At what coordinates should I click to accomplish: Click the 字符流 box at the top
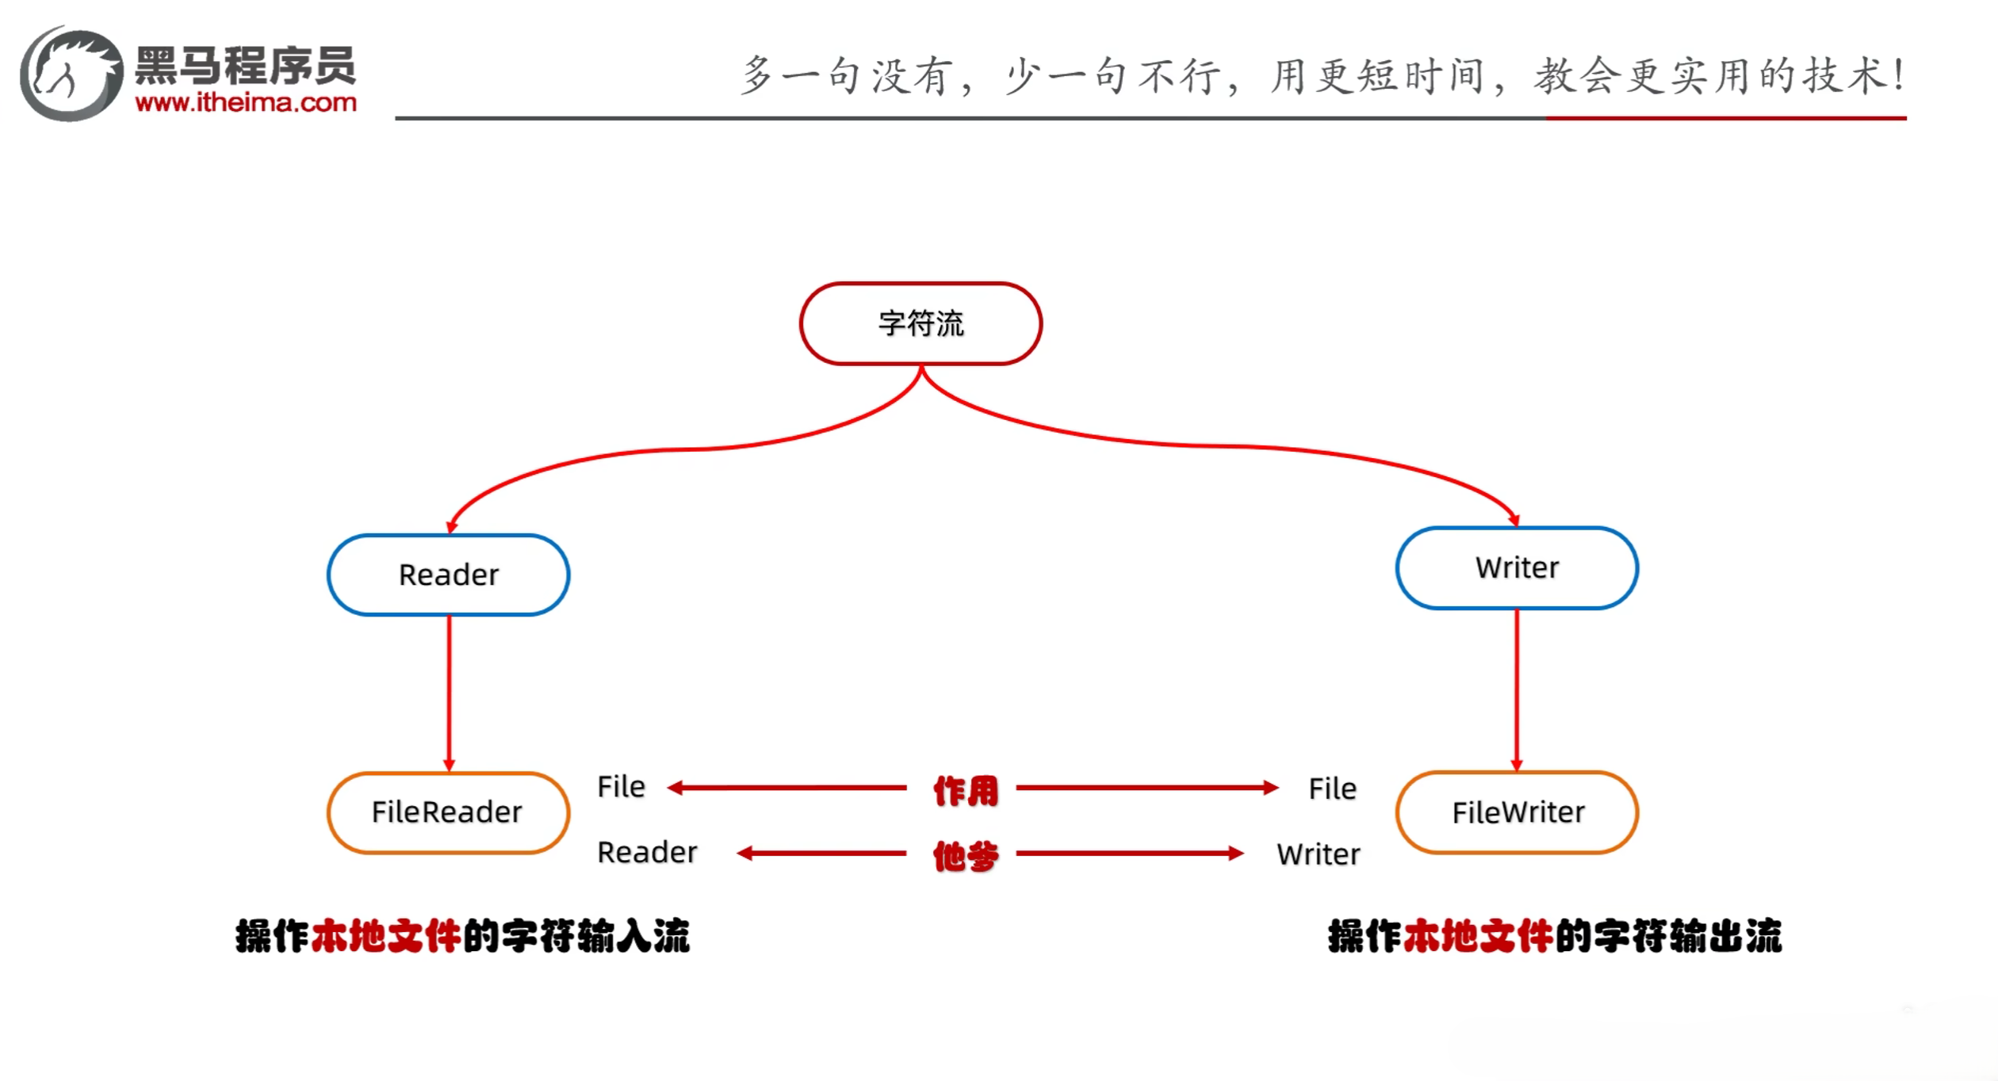pyautogui.click(x=921, y=323)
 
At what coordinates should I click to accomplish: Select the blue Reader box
pyautogui.click(x=449, y=575)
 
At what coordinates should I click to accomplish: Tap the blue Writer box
pyautogui.click(x=1517, y=567)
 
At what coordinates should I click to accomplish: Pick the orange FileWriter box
pyautogui.click(x=1517, y=812)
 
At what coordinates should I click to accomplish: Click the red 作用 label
pyautogui.click(x=965, y=790)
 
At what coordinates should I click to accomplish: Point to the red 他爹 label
pyautogui.click(x=965, y=856)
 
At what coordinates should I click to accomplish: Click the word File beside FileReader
pyautogui.click(x=622, y=787)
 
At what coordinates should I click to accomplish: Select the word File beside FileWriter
pyautogui.click(x=1332, y=789)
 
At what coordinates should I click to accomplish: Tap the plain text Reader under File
pyautogui.click(x=647, y=853)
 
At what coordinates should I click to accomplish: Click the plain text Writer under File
pyautogui.click(x=1318, y=854)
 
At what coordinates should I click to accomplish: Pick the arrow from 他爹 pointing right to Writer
pyautogui.click(x=1130, y=854)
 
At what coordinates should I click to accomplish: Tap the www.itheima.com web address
pyautogui.click(x=246, y=102)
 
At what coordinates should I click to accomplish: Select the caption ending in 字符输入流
pyautogui.click(x=462, y=936)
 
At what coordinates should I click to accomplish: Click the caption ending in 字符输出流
pyautogui.click(x=1555, y=936)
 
